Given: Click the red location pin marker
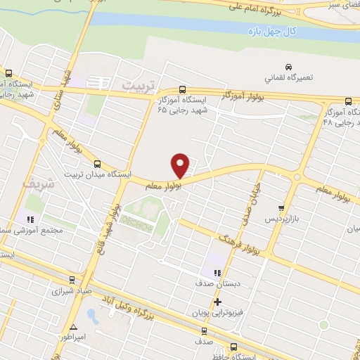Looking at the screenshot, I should tap(181, 165).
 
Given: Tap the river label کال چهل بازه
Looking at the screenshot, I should tap(274, 32).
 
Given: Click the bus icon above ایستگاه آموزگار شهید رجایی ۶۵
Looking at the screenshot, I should tap(183, 90).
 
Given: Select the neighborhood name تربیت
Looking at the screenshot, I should tap(136, 84).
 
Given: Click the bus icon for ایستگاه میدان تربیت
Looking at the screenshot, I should tap(96, 162).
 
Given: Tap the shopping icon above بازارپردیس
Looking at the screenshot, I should tap(282, 208).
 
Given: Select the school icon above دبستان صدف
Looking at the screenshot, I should tap(217, 273).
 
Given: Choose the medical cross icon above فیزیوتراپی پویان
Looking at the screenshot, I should tap(217, 301).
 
